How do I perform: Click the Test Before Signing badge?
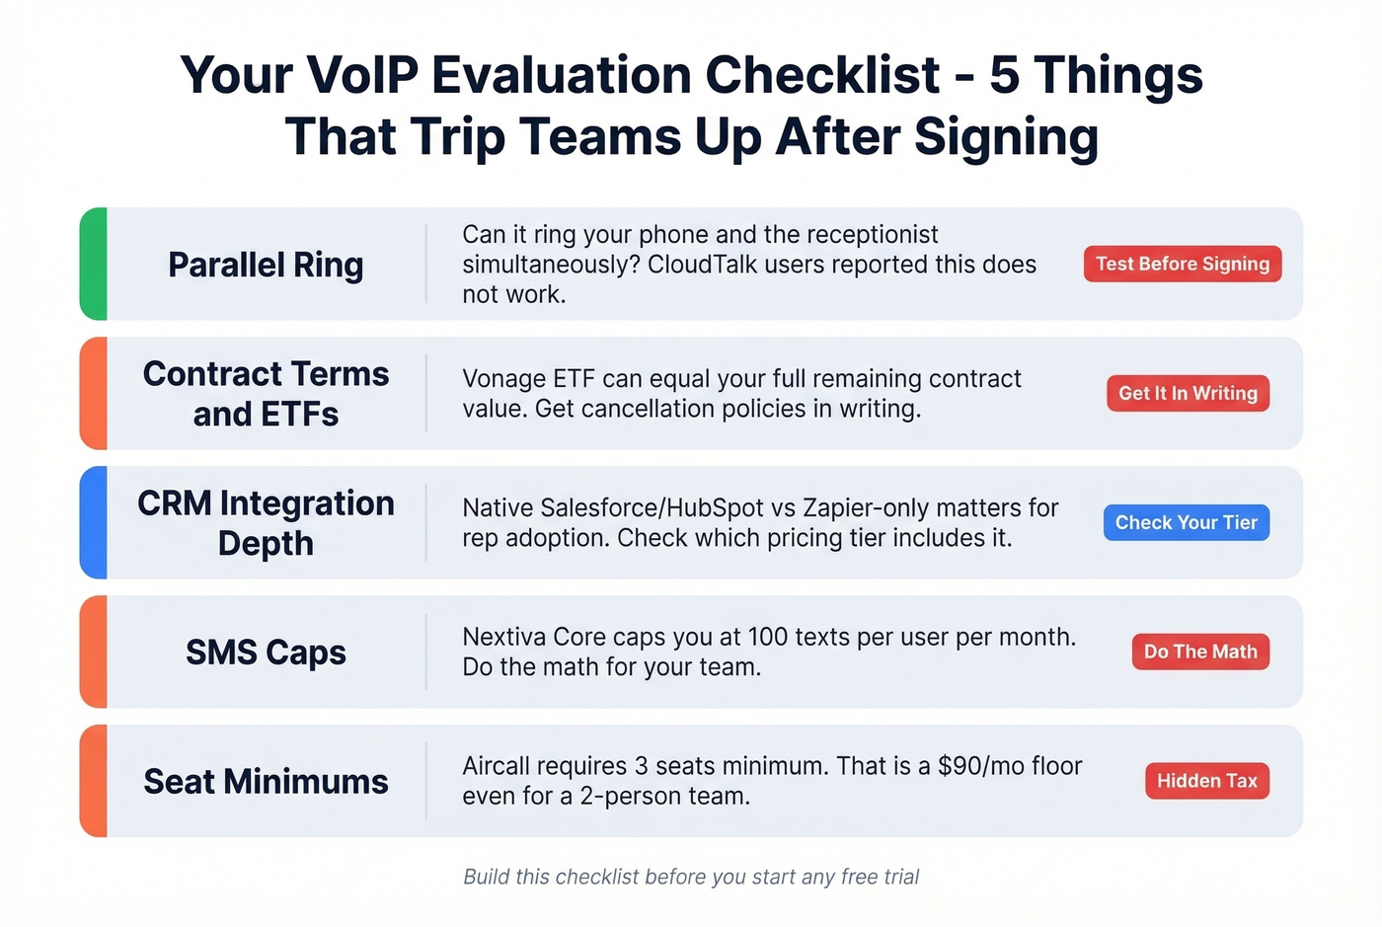pos(1182,264)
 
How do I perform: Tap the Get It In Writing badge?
pos(1188,393)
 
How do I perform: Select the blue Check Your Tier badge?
pos(1186,522)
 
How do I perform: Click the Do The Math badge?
pos(1199,652)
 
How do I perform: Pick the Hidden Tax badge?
pos(1206,781)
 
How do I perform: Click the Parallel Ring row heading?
pos(266,265)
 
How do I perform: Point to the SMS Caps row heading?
pos(266,653)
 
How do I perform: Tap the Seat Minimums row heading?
pos(266,782)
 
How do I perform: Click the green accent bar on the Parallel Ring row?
pos(94,264)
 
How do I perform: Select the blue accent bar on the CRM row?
pos(94,522)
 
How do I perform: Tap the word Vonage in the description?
pos(503,379)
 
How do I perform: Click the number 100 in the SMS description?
pos(767,637)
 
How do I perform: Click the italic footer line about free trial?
pos(691,877)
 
